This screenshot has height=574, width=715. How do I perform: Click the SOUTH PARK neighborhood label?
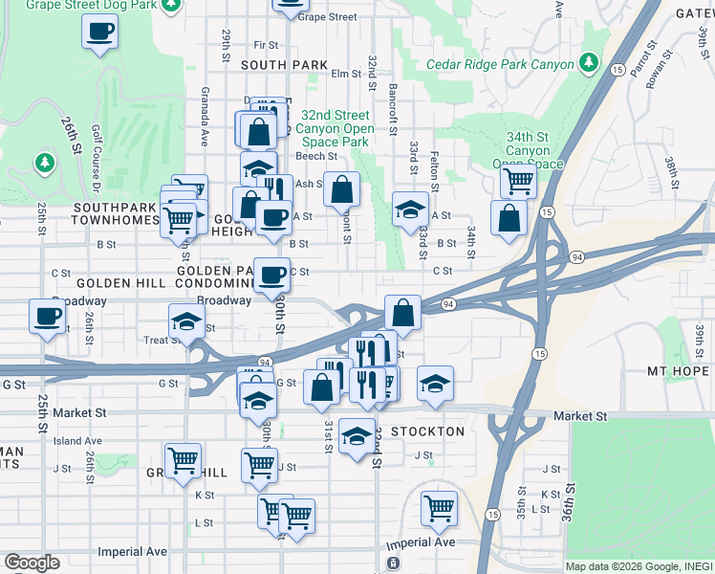pyautogui.click(x=284, y=65)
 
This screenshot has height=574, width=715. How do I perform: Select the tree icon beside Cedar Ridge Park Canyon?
pyautogui.click(x=590, y=64)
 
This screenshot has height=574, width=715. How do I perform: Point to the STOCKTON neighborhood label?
pyautogui.click(x=426, y=431)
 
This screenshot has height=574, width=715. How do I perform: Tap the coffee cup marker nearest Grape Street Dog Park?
pyautogui.click(x=100, y=33)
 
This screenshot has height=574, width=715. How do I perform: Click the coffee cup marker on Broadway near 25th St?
pyautogui.click(x=46, y=317)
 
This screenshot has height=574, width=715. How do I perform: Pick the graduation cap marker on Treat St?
pyautogui.click(x=186, y=322)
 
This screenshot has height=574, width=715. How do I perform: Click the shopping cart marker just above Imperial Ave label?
pyautogui.click(x=439, y=507)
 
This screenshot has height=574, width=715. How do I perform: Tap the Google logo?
pyautogui.click(x=32, y=562)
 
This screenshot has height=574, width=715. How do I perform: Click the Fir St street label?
pyautogui.click(x=266, y=45)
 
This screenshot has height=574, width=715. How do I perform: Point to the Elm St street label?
pyautogui.click(x=342, y=74)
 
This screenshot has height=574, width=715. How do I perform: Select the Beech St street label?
pyautogui.click(x=316, y=156)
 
